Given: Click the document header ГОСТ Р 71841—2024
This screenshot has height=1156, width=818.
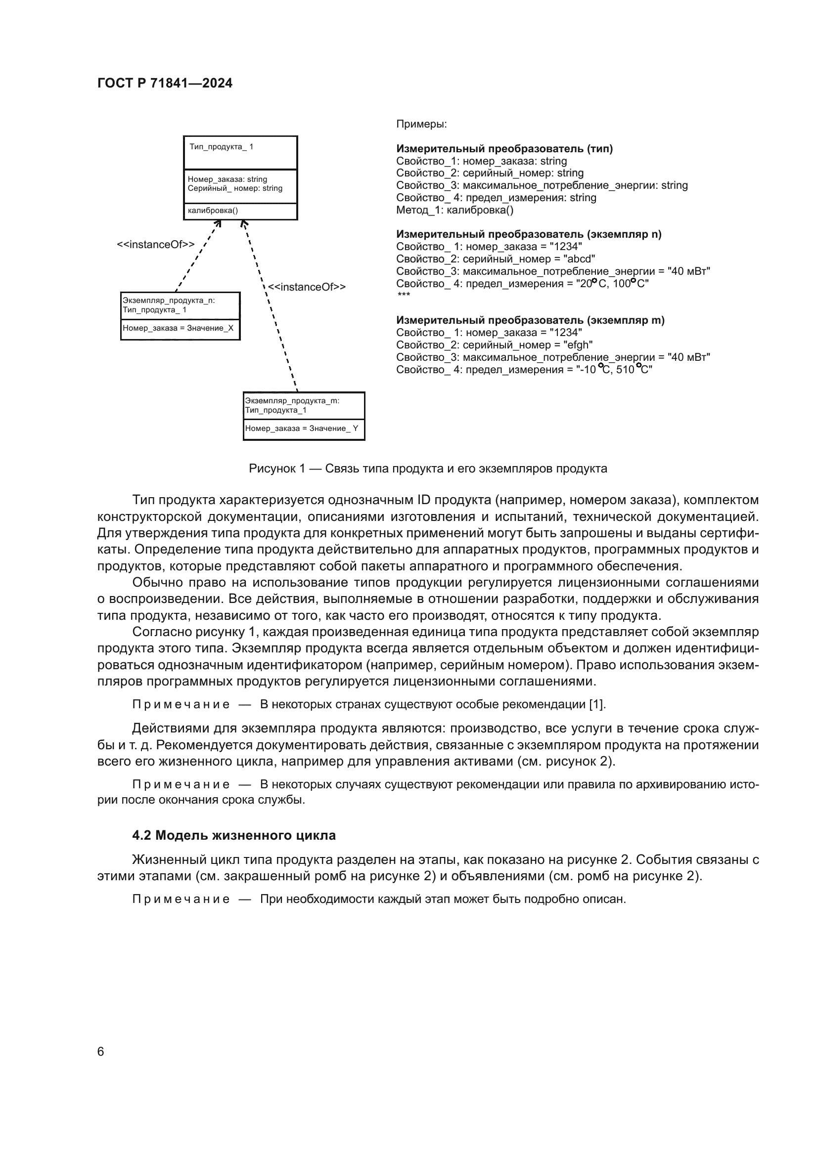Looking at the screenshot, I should point(165,83).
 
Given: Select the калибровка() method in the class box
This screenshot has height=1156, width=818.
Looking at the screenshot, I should point(213,211).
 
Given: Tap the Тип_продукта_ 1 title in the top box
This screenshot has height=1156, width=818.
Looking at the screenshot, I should point(222,147).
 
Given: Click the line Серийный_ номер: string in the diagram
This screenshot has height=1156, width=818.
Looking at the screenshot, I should point(235,188).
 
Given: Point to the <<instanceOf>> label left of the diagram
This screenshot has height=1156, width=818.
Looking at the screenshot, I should point(156,245).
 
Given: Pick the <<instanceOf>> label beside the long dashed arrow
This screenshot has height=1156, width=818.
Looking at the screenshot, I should point(307,287).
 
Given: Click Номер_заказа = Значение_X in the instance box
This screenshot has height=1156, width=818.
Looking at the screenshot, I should point(179,328).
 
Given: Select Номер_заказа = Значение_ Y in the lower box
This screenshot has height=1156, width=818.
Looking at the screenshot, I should point(302,428).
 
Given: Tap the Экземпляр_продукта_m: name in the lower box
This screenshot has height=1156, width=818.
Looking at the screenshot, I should point(292,401).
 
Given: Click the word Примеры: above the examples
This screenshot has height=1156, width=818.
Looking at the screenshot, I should point(421,125).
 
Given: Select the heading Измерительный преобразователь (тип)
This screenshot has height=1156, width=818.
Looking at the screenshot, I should point(504,149).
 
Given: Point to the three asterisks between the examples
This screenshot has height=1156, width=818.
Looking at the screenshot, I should point(404,295).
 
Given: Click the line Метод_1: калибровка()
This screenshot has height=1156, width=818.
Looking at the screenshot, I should point(454,210).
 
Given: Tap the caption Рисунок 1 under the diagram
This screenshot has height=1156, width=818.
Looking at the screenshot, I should point(428,469).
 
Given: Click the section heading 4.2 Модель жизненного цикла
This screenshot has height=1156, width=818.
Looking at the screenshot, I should point(234,835).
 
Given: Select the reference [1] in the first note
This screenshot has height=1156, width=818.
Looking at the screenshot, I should point(597,704).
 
